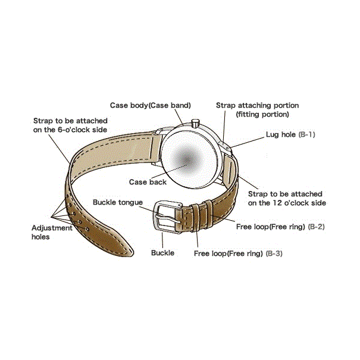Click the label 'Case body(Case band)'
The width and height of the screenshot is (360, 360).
coord(150,105)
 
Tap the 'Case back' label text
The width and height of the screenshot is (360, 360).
coord(148,181)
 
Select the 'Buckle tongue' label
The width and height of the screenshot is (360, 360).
coord(117,202)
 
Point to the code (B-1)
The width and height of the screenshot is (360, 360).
coord(306,134)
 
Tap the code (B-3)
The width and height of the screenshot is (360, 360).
coord(274,253)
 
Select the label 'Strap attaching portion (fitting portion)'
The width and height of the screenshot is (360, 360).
coord(257,109)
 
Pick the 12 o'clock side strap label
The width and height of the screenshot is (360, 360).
coord(285,198)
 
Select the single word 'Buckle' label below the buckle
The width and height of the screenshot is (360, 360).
coord(162,253)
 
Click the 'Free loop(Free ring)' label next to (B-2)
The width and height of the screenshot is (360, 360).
coord(271,227)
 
